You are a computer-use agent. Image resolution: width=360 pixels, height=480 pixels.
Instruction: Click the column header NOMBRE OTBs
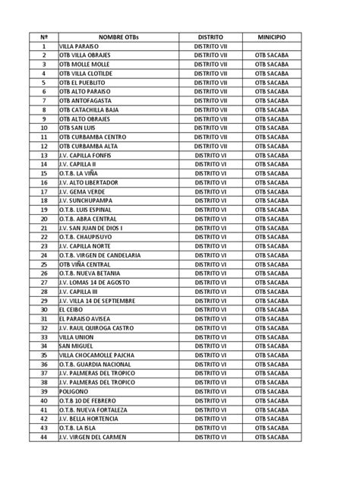coord(120,36)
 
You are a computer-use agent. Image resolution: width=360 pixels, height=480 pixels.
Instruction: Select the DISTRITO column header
coord(210,36)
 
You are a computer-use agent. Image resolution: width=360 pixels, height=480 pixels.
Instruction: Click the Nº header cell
coord(44,36)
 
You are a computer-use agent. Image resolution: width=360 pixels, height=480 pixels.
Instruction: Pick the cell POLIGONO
coord(75,391)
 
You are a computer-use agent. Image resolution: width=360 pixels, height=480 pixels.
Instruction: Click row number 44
coord(44,437)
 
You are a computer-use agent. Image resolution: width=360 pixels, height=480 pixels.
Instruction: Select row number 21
coord(44,228)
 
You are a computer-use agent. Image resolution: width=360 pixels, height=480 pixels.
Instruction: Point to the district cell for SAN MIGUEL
coord(210,346)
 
